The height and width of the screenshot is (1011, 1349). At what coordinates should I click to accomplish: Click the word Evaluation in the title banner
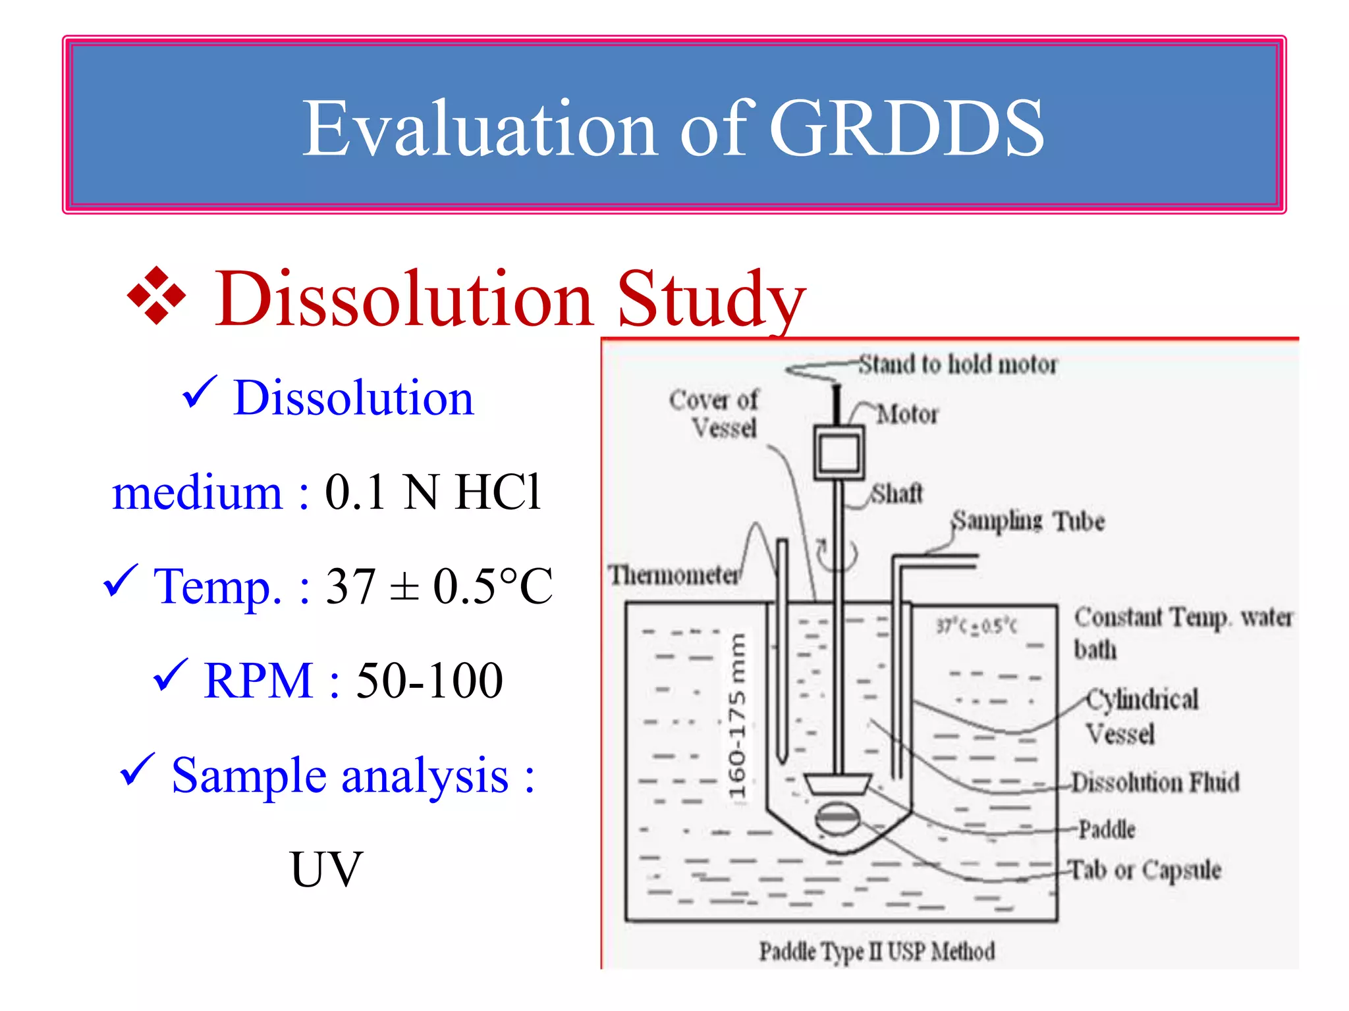click(480, 128)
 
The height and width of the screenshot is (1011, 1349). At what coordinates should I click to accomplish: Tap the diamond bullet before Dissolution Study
click(157, 296)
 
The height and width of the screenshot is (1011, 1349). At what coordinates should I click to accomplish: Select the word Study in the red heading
click(711, 299)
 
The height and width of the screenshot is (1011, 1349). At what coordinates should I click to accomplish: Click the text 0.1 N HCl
click(433, 492)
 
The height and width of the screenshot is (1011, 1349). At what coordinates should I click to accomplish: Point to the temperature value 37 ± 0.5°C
click(439, 586)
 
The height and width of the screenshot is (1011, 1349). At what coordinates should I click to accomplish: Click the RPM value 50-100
click(429, 681)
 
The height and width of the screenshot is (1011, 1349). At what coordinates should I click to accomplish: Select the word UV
click(326, 869)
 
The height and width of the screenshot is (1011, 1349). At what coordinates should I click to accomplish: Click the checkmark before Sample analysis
click(137, 770)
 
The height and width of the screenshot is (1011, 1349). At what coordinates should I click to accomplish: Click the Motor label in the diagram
click(907, 415)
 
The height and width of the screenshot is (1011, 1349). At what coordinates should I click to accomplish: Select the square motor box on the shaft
click(839, 453)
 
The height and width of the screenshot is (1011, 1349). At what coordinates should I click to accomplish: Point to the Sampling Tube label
click(1028, 521)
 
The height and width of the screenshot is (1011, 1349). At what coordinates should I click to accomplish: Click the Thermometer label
click(673, 575)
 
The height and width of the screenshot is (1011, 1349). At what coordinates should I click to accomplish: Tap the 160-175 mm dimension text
click(738, 716)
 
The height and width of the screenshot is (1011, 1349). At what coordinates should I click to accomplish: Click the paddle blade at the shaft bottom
click(837, 784)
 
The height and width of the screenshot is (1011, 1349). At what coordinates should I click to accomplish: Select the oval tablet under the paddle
click(837, 818)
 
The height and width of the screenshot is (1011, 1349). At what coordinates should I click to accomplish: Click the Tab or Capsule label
click(1145, 869)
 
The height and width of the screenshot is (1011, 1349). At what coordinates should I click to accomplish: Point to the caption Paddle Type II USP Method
click(877, 952)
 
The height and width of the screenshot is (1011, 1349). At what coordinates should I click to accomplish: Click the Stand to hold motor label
click(957, 364)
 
